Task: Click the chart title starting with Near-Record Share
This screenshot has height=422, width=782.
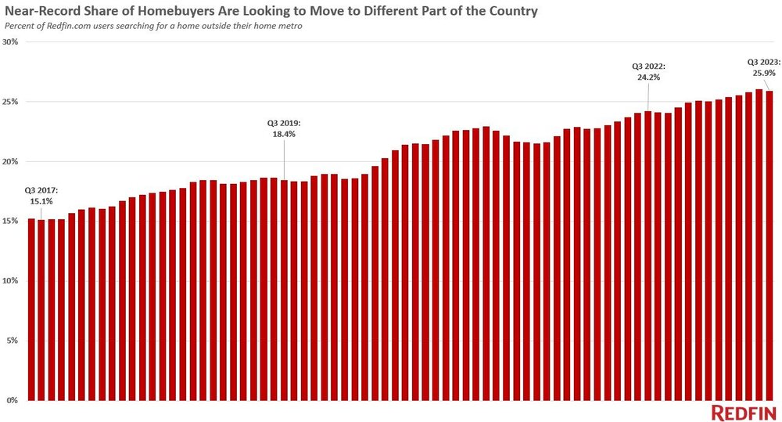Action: click(271, 13)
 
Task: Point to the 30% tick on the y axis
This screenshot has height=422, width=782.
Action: click(10, 42)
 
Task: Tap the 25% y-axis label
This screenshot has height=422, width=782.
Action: click(10, 102)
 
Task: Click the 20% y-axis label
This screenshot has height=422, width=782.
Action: click(10, 161)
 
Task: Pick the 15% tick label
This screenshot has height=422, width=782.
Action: click(10, 222)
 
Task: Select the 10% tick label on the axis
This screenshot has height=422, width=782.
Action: click(10, 281)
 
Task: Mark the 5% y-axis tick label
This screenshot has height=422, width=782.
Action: click(12, 341)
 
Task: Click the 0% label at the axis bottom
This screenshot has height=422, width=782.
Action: click(12, 400)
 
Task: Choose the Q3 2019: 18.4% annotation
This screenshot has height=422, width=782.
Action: click(283, 128)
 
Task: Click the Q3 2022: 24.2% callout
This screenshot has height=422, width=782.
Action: click(647, 72)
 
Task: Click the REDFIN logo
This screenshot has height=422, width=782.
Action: click(744, 413)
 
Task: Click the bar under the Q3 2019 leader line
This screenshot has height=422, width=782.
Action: click(284, 290)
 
